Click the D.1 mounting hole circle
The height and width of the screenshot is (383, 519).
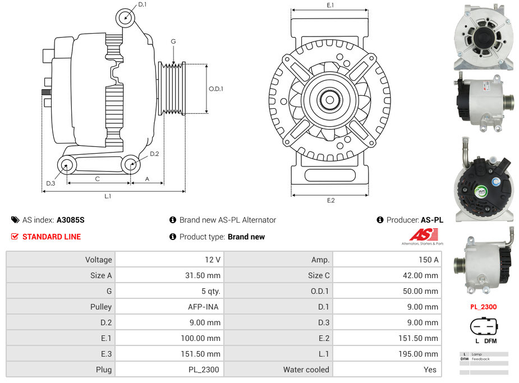126,18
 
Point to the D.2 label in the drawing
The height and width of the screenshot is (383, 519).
154,154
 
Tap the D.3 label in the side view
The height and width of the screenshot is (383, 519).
50,183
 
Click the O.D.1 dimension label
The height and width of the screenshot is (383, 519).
216,89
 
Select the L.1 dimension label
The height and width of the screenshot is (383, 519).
108,196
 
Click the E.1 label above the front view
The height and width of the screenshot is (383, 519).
330,6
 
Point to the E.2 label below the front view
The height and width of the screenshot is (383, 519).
330,201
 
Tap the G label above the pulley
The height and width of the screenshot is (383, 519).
173,41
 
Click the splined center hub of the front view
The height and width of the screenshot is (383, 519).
330,100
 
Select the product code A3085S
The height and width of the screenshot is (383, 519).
71,220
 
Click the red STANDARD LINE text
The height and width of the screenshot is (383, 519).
52,237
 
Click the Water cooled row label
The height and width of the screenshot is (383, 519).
306,370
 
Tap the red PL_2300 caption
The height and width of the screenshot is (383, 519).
483,307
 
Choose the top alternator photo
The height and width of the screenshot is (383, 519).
484,36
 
